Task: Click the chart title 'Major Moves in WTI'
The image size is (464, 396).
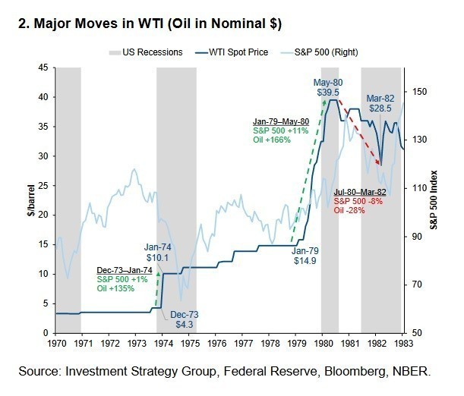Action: pos(149,25)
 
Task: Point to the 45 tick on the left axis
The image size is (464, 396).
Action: pos(43,68)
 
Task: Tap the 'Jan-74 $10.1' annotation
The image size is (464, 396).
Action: pos(158,252)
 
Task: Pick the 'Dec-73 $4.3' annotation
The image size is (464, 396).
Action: pos(184,319)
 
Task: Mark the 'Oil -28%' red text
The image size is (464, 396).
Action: pos(350,210)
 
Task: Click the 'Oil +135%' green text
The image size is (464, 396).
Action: pos(115,289)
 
